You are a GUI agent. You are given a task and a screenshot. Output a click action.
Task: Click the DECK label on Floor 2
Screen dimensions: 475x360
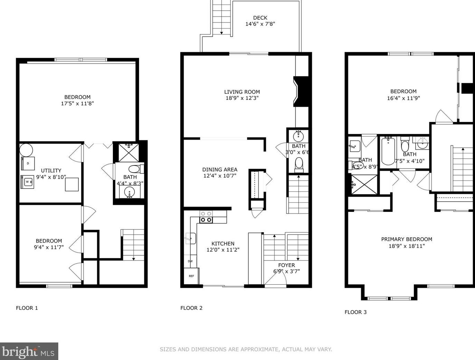(x=260, y=18)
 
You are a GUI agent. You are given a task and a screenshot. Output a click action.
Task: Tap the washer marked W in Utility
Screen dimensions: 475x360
(x=27, y=182)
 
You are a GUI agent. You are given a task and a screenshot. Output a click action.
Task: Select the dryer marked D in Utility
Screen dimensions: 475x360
(x=28, y=163)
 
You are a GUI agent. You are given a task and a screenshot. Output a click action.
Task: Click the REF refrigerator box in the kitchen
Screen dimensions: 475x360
(x=191, y=276)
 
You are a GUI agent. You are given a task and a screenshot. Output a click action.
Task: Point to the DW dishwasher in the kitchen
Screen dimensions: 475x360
(x=190, y=261)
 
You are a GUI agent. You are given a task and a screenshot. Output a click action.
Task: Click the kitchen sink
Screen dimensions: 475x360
(x=191, y=238)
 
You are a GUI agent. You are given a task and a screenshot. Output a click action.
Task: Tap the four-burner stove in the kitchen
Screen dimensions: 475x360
(x=206, y=217)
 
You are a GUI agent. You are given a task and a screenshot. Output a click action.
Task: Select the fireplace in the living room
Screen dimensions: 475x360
(x=301, y=91)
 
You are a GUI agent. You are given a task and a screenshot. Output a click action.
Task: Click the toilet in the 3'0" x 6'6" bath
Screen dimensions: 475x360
(x=299, y=164)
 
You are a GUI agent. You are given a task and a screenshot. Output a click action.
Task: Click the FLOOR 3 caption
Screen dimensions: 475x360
(x=356, y=312)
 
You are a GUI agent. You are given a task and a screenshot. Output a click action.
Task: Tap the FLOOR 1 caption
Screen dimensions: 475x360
(x=27, y=308)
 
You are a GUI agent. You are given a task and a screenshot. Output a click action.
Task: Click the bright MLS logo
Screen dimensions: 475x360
(x=29, y=351)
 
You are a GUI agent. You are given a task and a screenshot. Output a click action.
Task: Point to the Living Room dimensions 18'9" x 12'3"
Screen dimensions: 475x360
(x=242, y=98)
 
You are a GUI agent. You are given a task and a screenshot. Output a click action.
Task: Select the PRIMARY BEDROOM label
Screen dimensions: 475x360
(x=407, y=239)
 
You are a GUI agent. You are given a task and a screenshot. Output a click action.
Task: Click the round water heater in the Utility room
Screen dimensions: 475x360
(x=26, y=150)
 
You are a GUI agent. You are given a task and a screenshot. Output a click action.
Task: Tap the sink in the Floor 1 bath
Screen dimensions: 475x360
(x=129, y=192)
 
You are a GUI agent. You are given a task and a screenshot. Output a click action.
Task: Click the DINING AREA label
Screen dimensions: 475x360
(x=220, y=170)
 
